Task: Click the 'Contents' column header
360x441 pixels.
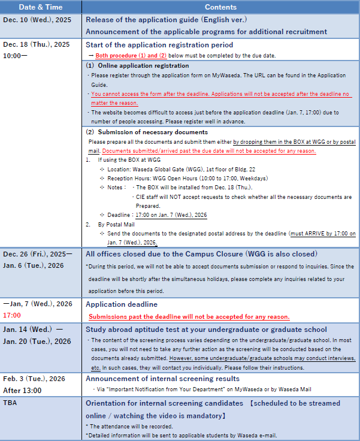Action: coord(221,7)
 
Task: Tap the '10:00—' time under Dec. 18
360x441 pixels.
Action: coord(15,55)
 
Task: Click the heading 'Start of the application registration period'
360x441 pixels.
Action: coord(159,45)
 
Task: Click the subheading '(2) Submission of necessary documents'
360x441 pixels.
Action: coord(147,132)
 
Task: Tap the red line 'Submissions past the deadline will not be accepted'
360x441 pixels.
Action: coord(189,316)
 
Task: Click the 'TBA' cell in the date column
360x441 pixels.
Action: coord(10,403)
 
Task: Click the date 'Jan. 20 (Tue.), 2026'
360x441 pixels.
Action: coord(37,342)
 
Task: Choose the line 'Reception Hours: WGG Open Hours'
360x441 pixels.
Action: coord(187,179)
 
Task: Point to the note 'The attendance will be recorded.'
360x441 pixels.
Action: coord(127,425)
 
